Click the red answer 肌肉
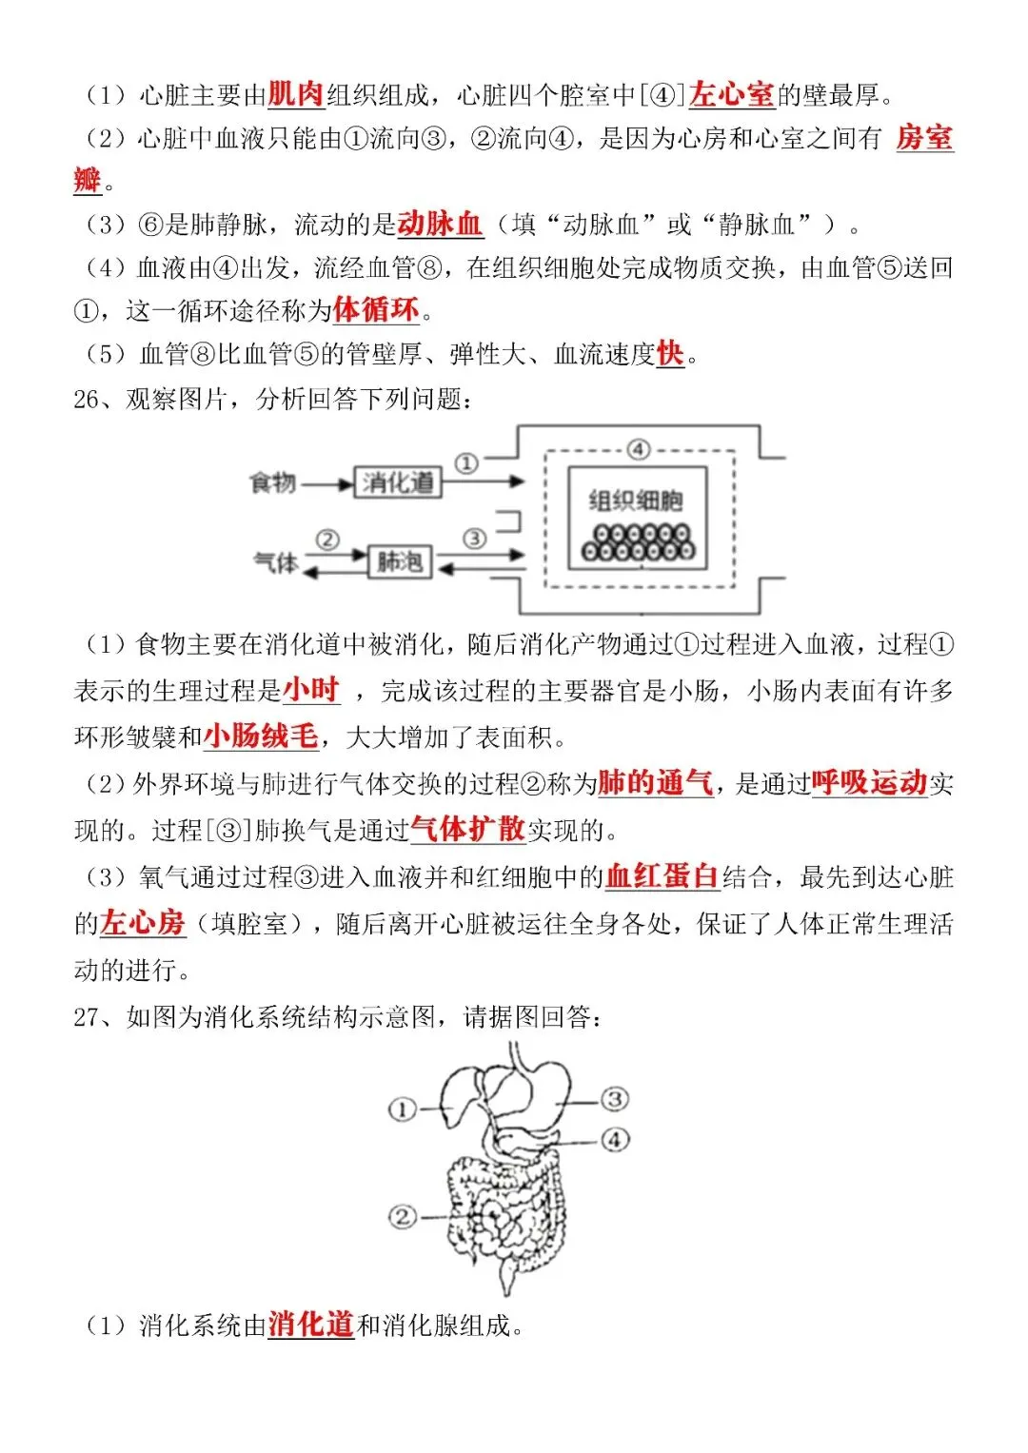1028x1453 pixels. [296, 94]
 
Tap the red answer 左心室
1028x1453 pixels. [731, 94]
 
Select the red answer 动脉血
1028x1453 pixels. [440, 225]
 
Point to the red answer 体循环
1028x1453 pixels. [376, 310]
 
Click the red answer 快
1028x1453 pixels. [670, 354]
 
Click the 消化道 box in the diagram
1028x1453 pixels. [397, 482]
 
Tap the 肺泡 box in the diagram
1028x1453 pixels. [399, 562]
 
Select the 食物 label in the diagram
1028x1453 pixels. [272, 483]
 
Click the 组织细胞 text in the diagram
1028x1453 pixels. [636, 501]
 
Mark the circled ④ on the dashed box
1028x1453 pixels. [638, 449]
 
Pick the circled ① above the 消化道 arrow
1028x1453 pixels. [465, 463]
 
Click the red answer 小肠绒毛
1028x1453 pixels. [261, 736]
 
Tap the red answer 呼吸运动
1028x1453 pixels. [869, 783]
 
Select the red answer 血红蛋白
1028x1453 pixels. [662, 876]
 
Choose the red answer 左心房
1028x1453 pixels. [143, 923]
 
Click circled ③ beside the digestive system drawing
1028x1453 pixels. [615, 1099]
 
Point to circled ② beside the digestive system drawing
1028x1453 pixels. [403, 1216]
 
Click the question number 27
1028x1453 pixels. [86, 1017]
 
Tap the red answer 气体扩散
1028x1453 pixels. [467, 830]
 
